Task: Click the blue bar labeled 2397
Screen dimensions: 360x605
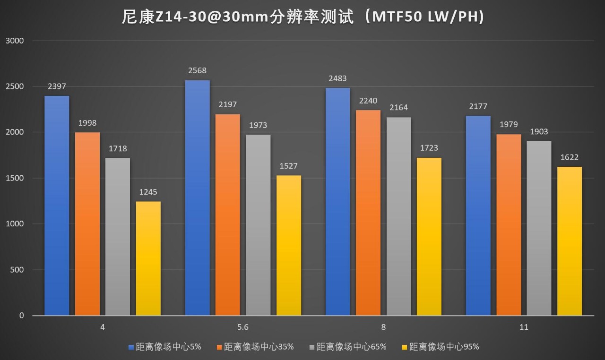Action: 57,206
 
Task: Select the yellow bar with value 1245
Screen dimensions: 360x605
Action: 148,258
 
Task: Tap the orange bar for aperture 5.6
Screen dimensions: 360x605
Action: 228,214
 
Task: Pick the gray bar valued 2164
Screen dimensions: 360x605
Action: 399,216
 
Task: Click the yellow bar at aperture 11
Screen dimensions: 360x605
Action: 570,241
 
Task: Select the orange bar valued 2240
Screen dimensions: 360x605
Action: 368,213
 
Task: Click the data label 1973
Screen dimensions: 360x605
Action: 258,125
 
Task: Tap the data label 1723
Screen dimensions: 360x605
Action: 429,148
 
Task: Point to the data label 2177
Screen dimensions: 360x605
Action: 478,106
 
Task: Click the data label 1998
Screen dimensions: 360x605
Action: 87,123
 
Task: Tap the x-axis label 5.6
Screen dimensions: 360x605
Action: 243,327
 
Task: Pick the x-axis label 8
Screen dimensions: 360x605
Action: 383,327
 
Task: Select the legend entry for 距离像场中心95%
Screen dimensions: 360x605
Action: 444,347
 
